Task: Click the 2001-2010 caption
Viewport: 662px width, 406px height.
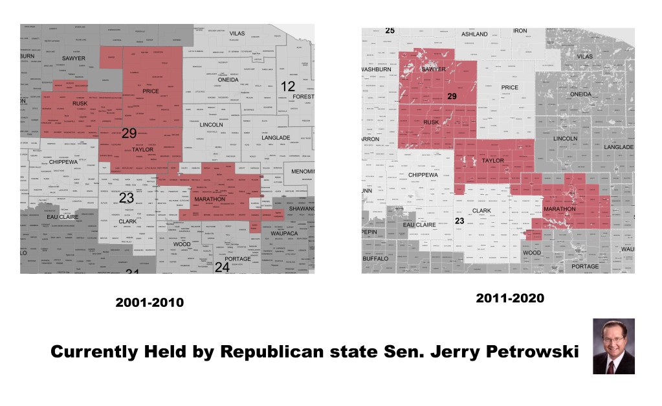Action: tap(149, 302)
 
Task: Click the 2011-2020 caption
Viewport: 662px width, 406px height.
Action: tap(510, 299)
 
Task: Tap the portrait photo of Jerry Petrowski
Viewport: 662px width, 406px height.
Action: tap(613, 346)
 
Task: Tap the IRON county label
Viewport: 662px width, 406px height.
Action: tap(520, 30)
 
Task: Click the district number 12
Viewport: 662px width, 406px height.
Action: tap(287, 85)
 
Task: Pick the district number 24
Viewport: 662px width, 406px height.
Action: tap(222, 267)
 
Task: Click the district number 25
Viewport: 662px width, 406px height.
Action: tap(390, 30)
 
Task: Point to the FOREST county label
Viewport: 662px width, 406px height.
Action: tap(303, 96)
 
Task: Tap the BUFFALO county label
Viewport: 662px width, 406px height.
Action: tap(376, 258)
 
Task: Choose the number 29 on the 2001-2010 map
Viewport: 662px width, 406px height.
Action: tap(129, 133)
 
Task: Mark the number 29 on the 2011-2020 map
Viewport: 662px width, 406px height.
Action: tap(452, 96)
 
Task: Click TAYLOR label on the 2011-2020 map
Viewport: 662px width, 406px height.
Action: tap(493, 161)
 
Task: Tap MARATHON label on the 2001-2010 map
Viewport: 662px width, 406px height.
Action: tap(210, 199)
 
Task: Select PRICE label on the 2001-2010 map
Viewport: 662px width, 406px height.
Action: tap(151, 91)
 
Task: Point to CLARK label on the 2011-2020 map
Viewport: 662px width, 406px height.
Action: tap(481, 211)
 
